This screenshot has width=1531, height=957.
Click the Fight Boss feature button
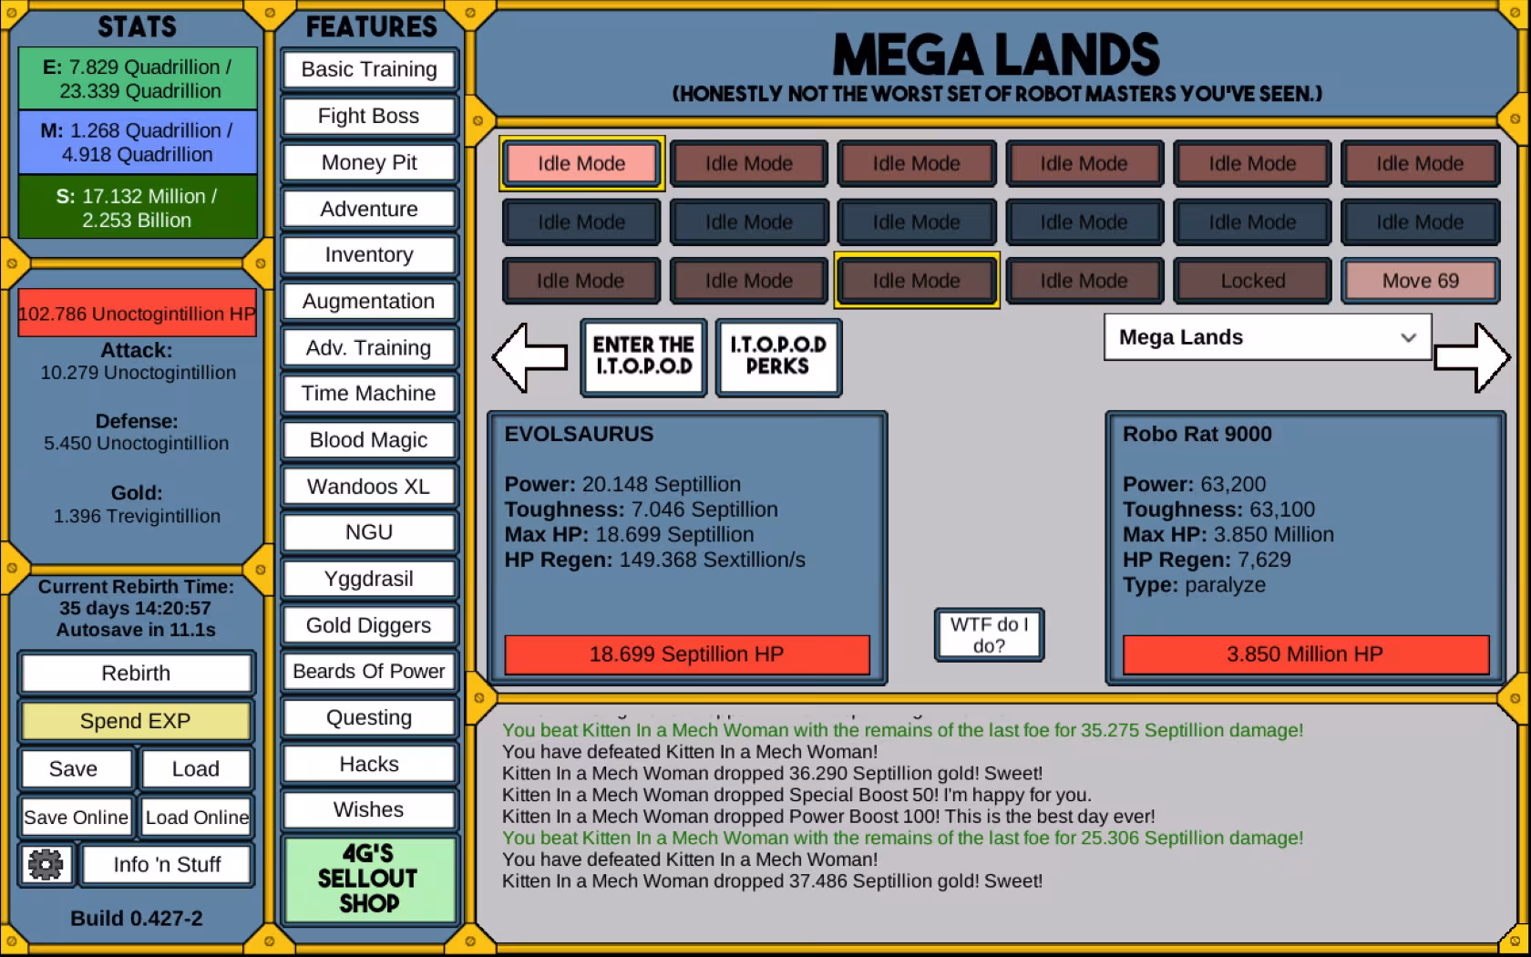[x=368, y=117]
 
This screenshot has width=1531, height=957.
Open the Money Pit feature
[x=368, y=162]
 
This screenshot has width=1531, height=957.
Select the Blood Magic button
[x=368, y=440]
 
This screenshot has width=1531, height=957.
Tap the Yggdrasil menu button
[x=368, y=579]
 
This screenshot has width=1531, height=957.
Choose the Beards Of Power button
[x=368, y=671]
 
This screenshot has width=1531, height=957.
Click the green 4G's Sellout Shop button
[x=368, y=879]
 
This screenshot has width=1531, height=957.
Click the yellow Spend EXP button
[x=136, y=720]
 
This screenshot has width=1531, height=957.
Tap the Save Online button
[x=76, y=817]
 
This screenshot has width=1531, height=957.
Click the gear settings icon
[x=46, y=865]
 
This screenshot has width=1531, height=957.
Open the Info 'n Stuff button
[x=167, y=865]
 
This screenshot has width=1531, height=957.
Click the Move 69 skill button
[x=1420, y=281]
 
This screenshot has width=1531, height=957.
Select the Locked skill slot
[x=1252, y=281]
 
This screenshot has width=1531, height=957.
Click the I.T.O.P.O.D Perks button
[x=778, y=356]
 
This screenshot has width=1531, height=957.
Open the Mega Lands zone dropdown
[x=1267, y=337]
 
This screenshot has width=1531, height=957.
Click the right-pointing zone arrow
[x=1473, y=357]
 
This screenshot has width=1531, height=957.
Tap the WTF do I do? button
[x=989, y=635]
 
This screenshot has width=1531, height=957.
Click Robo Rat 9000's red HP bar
[x=1305, y=654]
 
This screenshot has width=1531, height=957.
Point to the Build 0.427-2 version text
[x=137, y=918]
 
